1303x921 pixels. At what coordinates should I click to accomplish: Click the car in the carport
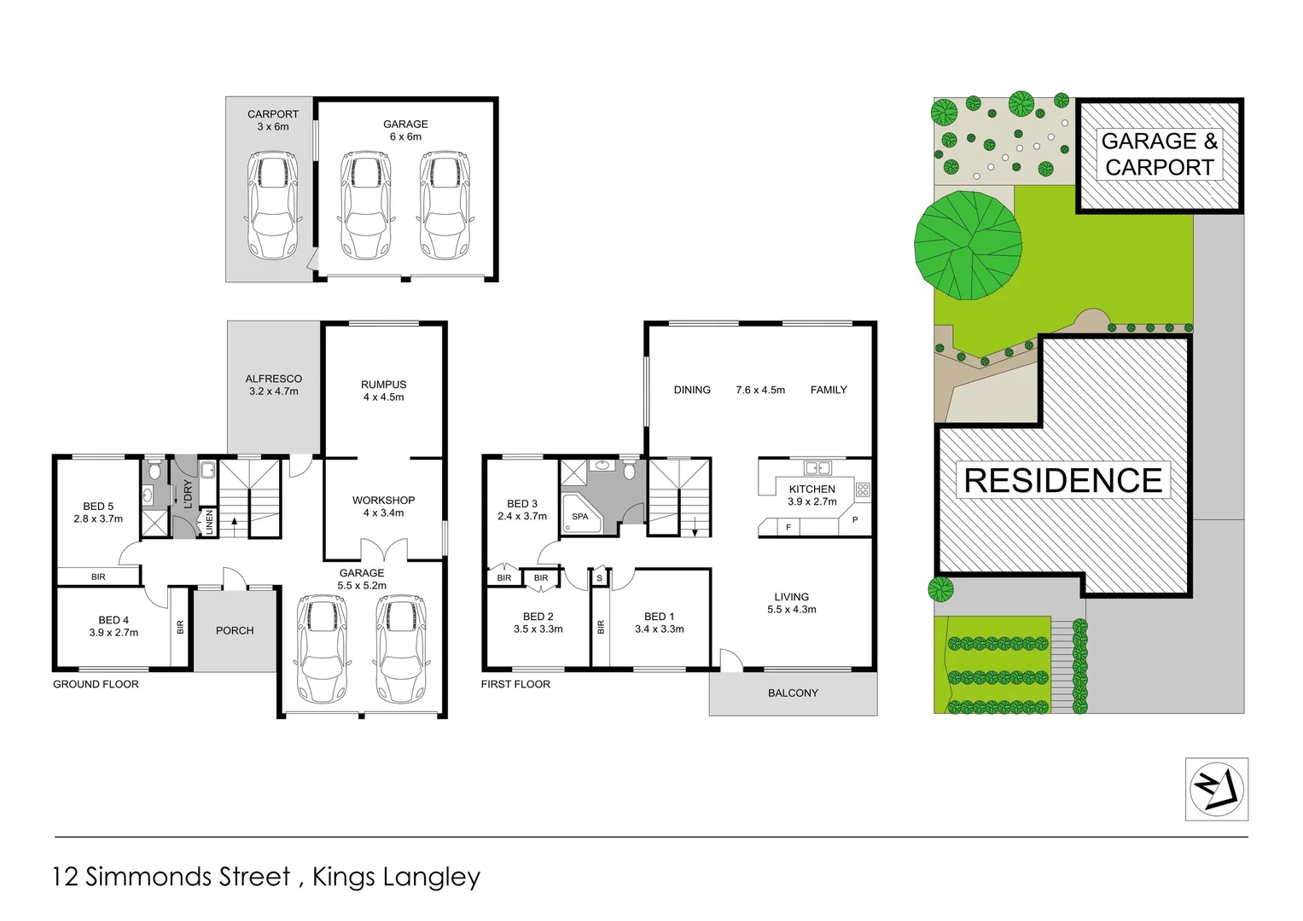point(272,206)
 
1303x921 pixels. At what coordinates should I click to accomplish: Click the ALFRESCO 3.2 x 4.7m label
point(274,385)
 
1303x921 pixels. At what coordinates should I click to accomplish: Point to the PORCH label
point(235,631)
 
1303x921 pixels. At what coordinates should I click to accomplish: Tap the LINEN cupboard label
point(209,523)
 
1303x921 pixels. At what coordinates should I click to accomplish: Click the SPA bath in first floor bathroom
point(580,516)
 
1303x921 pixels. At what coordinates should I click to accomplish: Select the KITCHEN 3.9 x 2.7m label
point(811,495)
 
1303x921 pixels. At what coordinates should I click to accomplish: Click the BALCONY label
point(793,693)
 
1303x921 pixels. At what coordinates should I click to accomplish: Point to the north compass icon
point(1216,789)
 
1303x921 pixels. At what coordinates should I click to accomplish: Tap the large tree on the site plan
point(969,246)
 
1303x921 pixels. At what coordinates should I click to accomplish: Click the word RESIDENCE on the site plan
point(1062,481)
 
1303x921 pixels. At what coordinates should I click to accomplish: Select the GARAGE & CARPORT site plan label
point(1159,154)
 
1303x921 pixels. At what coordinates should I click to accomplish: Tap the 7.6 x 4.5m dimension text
point(760,390)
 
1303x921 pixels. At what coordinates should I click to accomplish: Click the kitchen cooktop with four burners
point(863,489)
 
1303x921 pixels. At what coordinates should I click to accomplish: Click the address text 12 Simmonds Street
point(172,877)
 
